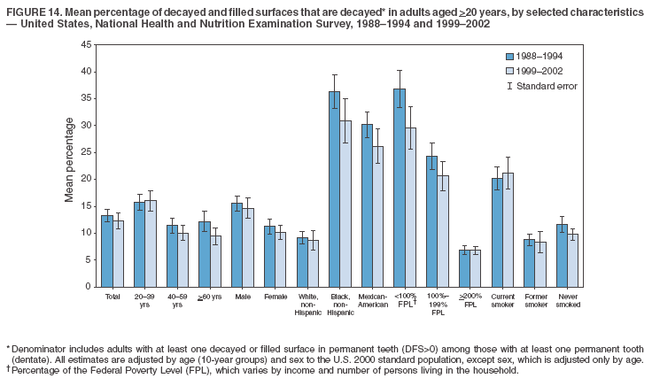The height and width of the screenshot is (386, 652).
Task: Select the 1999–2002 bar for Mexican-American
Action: point(378,216)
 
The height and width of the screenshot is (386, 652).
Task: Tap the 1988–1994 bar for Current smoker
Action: point(497,232)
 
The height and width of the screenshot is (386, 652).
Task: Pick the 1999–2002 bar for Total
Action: point(118,253)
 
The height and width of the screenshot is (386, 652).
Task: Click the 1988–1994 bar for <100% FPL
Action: point(400,188)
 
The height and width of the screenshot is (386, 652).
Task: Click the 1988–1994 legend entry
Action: point(537,56)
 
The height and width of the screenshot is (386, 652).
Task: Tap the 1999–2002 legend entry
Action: point(537,70)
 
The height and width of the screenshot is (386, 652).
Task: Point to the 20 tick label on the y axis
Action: point(84,179)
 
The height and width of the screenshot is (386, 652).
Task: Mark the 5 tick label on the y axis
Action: point(87,259)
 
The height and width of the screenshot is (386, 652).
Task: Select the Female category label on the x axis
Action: point(276,297)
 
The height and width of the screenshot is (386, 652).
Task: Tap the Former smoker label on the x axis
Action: point(536,301)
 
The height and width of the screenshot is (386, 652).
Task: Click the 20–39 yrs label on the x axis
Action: point(145,301)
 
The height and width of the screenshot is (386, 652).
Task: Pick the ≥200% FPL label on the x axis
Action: point(470,301)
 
